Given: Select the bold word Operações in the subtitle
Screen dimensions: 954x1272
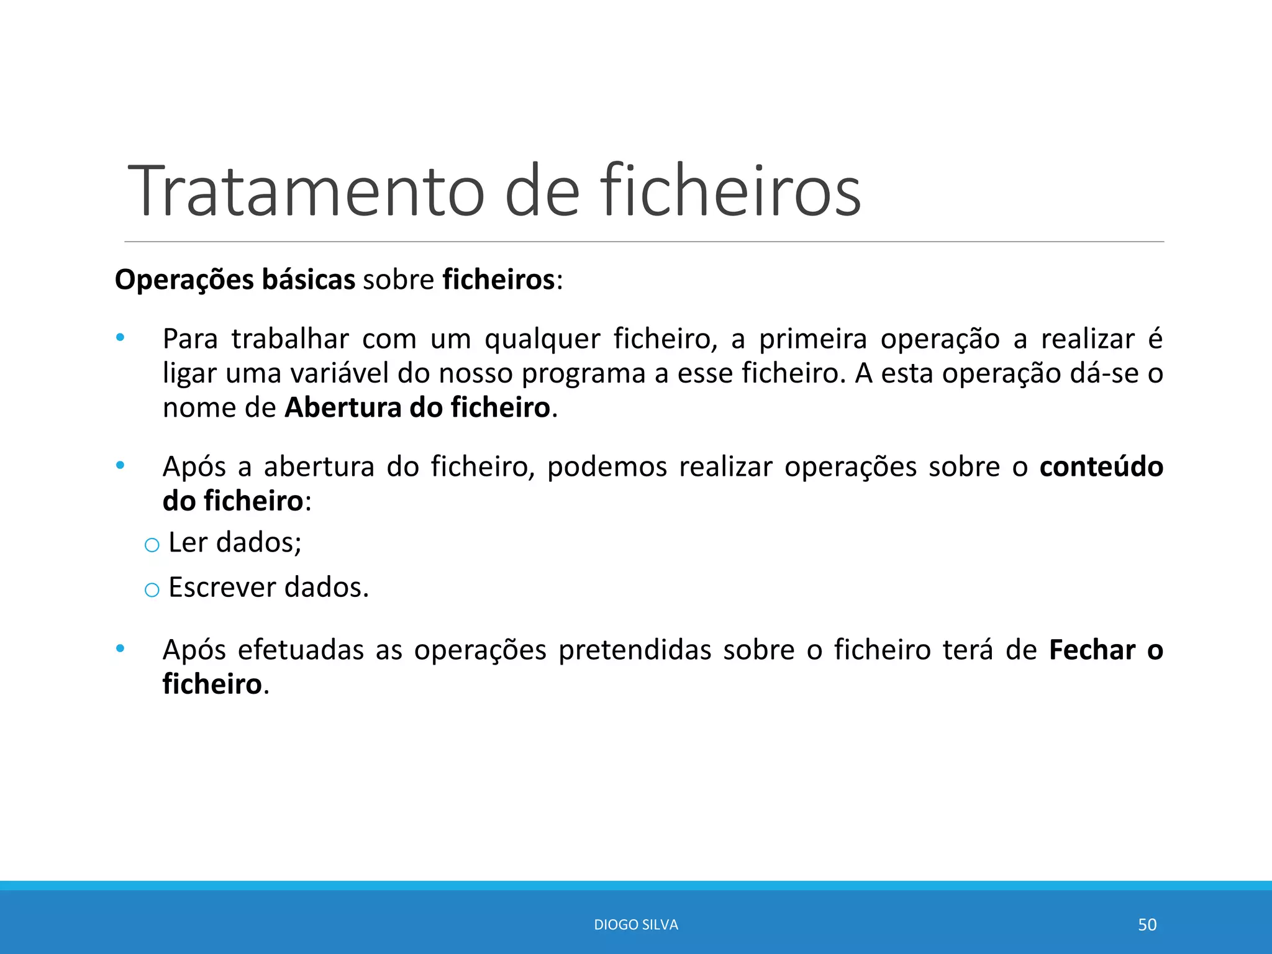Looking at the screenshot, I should [x=184, y=280].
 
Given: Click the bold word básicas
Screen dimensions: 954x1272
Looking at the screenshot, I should [x=308, y=280].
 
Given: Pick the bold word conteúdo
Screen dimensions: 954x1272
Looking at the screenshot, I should [x=1101, y=467].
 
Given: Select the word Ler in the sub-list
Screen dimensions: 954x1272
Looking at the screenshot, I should [x=187, y=543].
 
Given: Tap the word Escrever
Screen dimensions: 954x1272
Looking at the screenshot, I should [x=222, y=588].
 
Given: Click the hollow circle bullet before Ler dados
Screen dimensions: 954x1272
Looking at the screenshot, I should [x=152, y=545].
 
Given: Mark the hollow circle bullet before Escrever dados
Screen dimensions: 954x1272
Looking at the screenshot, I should [x=152, y=590].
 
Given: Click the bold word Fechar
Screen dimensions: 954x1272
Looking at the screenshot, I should [x=1092, y=650].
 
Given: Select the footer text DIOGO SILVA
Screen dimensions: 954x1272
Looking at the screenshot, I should [x=636, y=925].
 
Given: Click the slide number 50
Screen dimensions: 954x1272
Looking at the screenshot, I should [x=1147, y=925].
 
